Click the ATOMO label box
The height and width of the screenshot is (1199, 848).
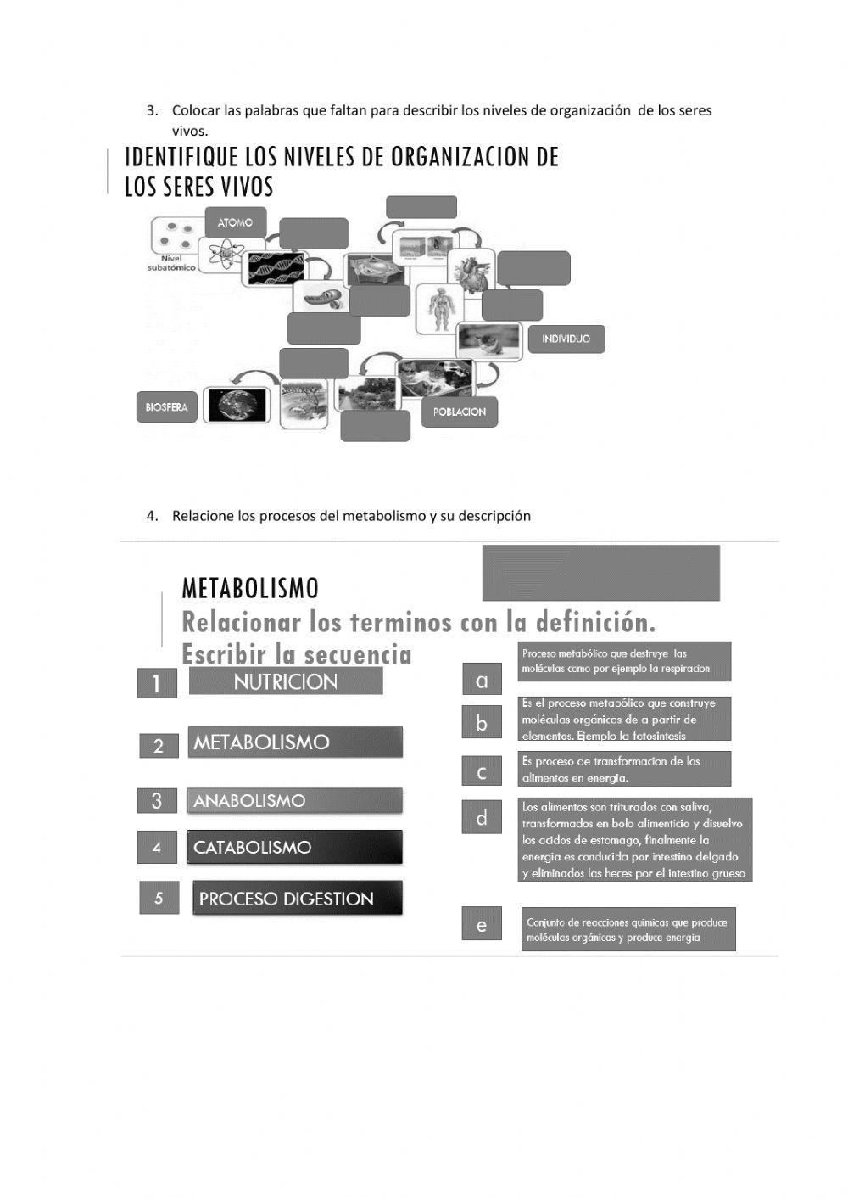tap(235, 222)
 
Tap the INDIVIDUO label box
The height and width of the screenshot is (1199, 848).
tap(566, 339)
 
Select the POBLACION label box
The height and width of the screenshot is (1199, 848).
tap(460, 412)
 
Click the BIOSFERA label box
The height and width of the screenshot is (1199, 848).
tap(166, 407)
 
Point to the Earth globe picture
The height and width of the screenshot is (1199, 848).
tap(237, 406)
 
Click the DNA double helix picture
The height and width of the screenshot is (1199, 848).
tap(274, 269)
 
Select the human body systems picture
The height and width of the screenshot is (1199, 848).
tap(439, 308)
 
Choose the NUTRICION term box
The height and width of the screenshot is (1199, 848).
tap(286, 681)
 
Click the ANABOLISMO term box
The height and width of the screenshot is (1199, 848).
tap(294, 800)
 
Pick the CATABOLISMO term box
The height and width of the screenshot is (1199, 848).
tap(294, 847)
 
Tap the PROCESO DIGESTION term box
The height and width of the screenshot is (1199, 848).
tap(297, 899)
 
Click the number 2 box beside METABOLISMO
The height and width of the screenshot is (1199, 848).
tap(159, 746)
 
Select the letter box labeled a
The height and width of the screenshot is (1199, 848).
tap(482, 680)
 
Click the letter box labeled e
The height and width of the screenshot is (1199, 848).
tap(482, 924)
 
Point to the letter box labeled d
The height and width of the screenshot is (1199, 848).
tap(482, 818)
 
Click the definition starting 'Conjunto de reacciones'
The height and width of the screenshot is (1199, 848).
tap(628, 929)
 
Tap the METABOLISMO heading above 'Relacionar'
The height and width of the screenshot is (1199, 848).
tap(250, 588)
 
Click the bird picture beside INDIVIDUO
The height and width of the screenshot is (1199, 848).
tap(488, 340)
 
